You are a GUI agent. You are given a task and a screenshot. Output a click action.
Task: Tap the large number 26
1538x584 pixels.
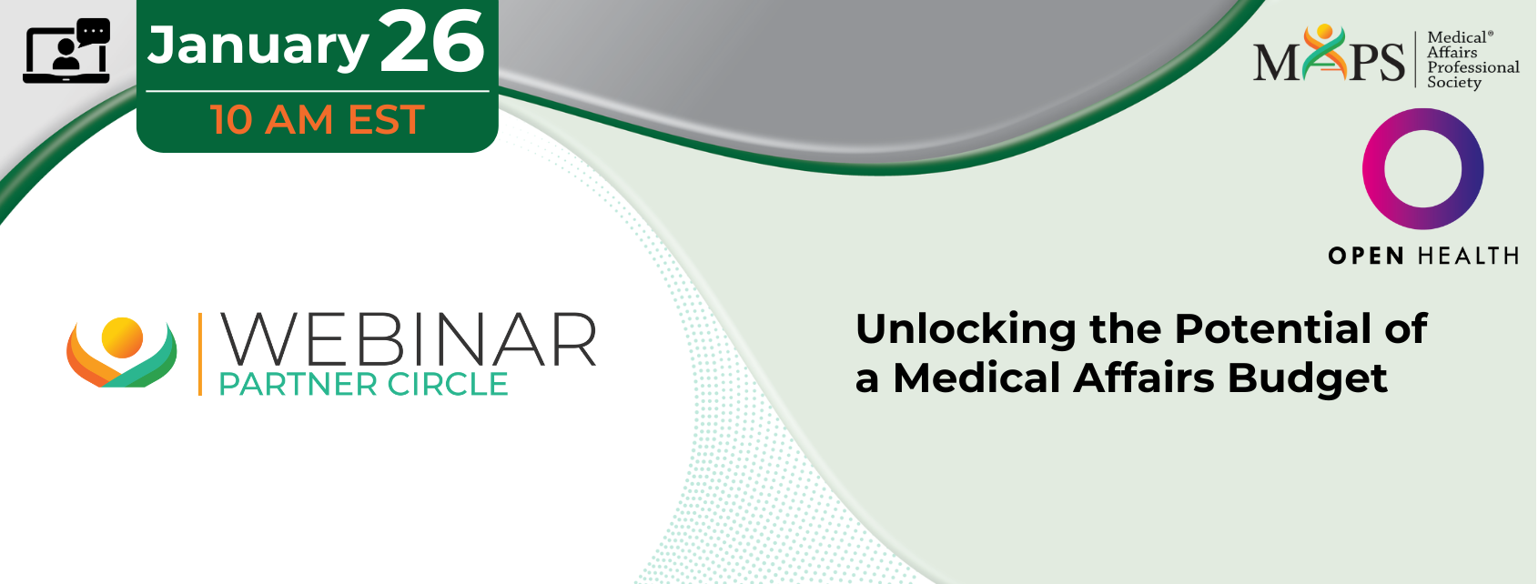click(x=431, y=42)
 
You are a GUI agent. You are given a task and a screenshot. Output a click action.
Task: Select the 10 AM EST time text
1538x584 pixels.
click(x=318, y=119)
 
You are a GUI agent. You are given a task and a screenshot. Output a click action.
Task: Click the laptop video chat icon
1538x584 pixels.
click(x=66, y=51)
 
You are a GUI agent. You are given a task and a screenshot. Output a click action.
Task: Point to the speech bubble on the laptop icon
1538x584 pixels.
click(x=94, y=31)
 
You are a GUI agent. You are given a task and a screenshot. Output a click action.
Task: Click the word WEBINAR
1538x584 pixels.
click(x=408, y=339)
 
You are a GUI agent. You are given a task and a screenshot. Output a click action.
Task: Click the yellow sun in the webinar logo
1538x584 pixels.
click(x=122, y=338)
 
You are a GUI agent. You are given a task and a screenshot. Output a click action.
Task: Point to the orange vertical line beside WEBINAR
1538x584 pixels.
click(x=200, y=354)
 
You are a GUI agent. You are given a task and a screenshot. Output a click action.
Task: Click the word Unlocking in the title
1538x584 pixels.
click(x=966, y=329)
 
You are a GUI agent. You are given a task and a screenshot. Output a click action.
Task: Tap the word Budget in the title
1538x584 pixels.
click(x=1307, y=378)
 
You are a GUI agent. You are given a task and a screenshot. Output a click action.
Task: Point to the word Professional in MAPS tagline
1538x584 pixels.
click(x=1473, y=67)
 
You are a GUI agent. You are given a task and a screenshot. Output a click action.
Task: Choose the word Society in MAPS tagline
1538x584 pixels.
click(x=1454, y=83)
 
